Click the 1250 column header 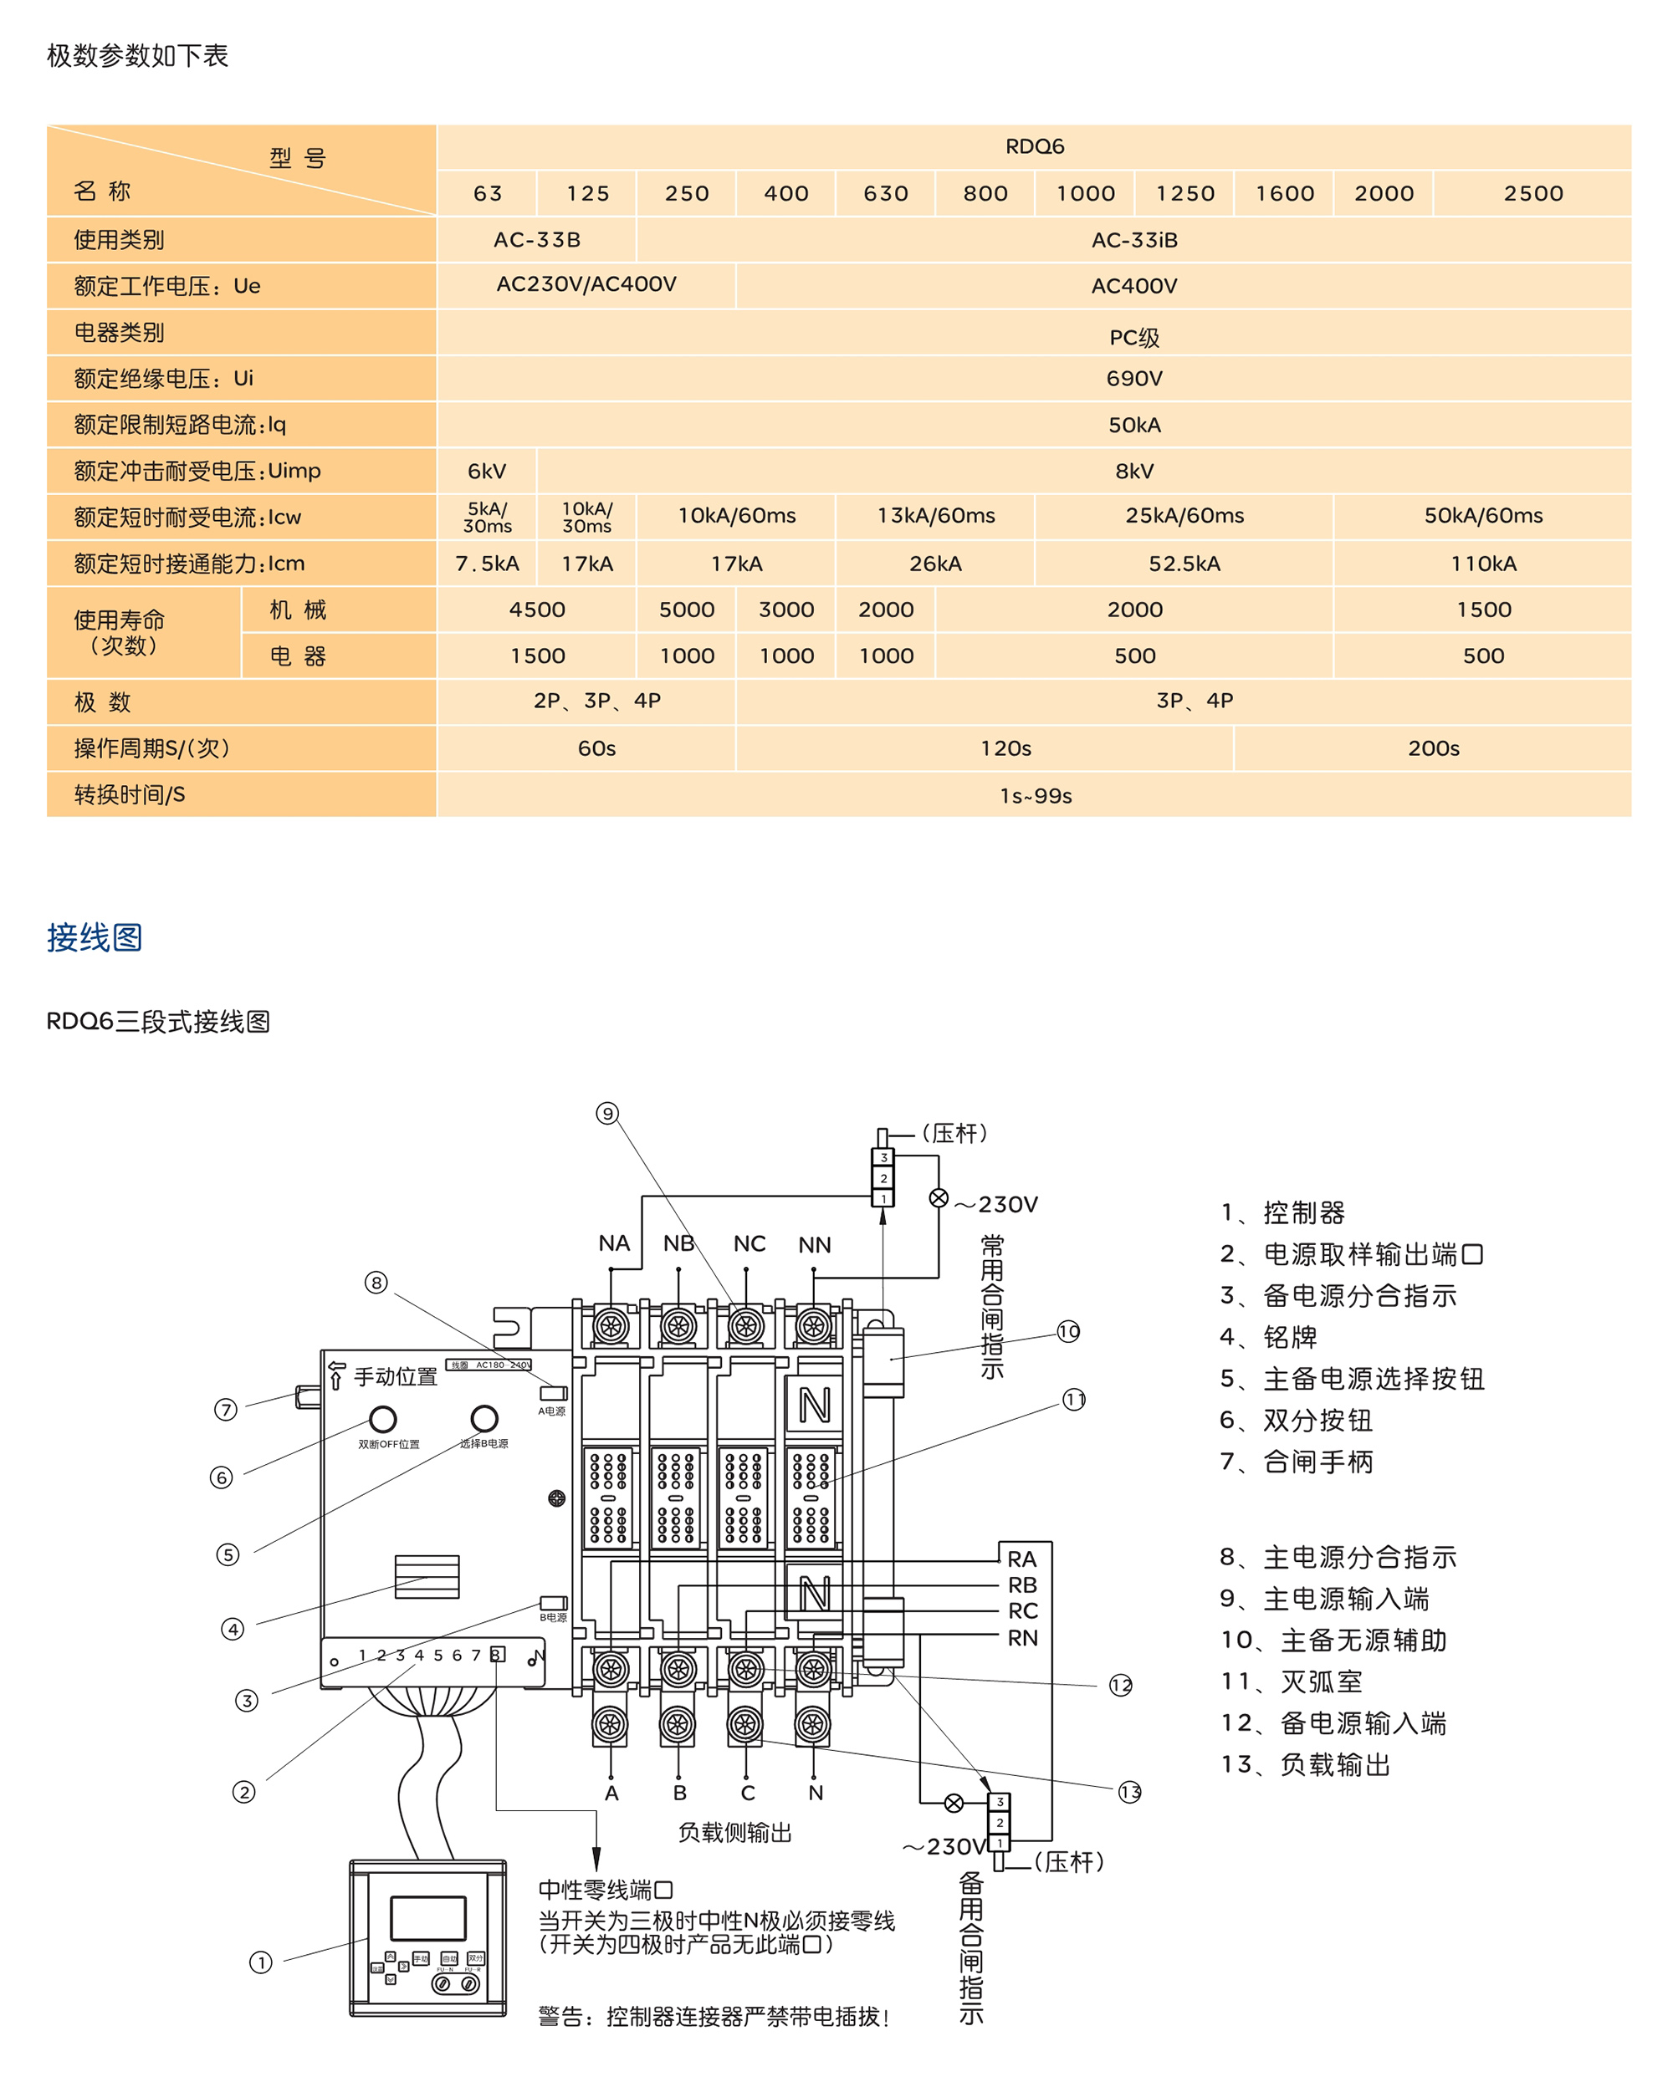click(x=1185, y=193)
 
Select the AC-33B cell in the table click(x=537, y=239)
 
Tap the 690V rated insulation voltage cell click(x=1133, y=379)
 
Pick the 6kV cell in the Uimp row click(x=487, y=472)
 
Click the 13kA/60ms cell click(x=935, y=516)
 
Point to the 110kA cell click(x=1483, y=564)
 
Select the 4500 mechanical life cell click(x=537, y=610)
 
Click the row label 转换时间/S click(x=130, y=794)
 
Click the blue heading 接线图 click(x=95, y=936)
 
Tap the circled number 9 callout click(x=606, y=1114)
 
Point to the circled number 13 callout click(x=1129, y=1793)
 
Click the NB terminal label click(x=678, y=1244)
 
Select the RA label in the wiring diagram click(x=1021, y=1559)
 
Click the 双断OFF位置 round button click(x=382, y=1419)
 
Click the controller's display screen click(x=427, y=1918)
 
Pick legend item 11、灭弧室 click(x=1292, y=1682)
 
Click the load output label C click(x=747, y=1794)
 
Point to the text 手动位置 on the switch click(x=395, y=1377)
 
